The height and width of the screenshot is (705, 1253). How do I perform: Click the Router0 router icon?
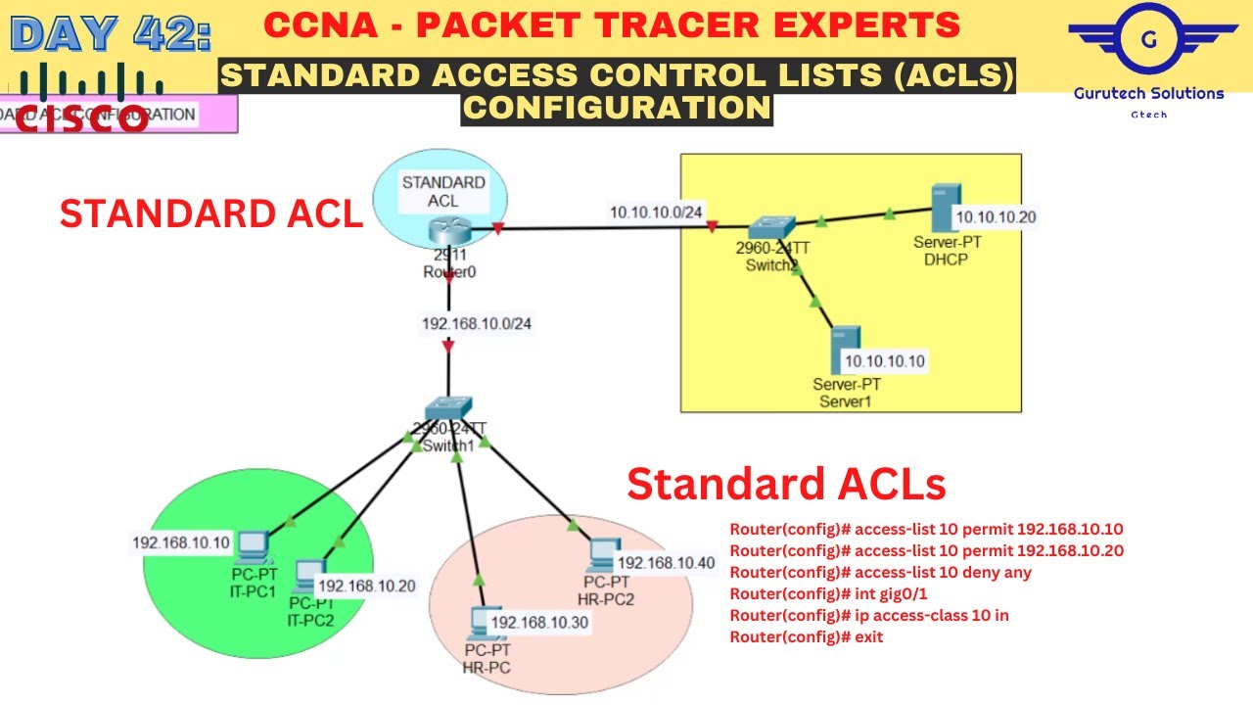448,231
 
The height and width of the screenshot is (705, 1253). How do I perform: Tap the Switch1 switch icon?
448,410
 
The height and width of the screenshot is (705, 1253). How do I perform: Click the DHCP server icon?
942,207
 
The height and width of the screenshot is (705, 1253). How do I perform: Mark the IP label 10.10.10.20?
995,217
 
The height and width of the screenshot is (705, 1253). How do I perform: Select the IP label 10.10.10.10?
884,361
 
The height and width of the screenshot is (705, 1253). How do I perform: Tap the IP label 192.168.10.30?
539,623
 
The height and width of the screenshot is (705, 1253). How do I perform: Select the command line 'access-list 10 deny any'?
880,572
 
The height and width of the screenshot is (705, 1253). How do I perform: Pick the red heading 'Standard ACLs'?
786,484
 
